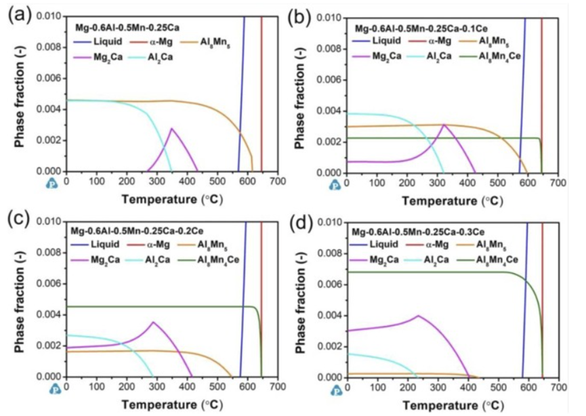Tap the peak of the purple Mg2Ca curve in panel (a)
click(172, 128)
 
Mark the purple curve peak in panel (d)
click(419, 315)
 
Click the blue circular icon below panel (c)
click(54, 390)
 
